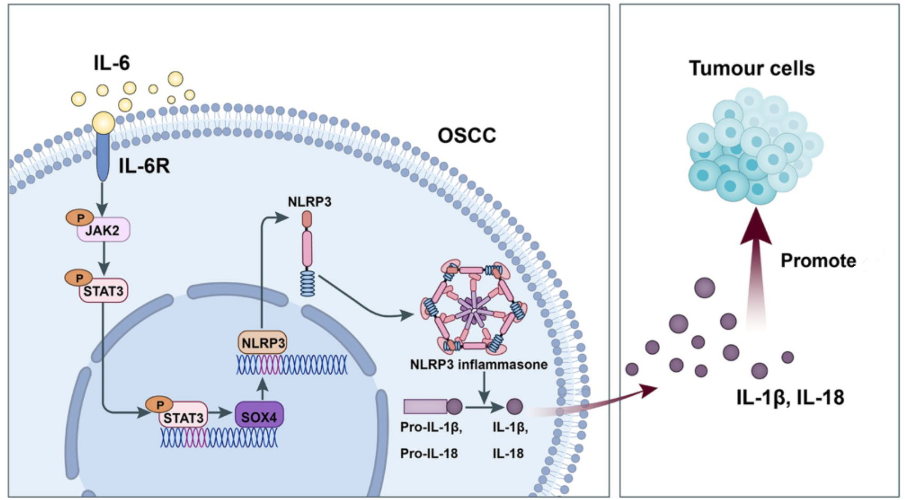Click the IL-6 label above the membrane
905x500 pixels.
tap(112, 63)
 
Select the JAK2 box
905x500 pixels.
tap(104, 230)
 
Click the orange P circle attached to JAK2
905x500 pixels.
tap(80, 218)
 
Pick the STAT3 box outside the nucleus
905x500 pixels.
tap(104, 290)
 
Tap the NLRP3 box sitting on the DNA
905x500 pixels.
tap(263, 343)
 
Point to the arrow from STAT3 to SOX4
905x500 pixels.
tap(221, 413)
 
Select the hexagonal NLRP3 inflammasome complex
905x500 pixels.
tap(473, 308)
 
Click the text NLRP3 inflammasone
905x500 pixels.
tap(479, 364)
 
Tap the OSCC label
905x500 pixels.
tap(467, 135)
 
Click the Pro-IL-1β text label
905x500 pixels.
tap(431, 427)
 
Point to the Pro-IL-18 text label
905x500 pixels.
tap(428, 453)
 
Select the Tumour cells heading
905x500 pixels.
tap(752, 68)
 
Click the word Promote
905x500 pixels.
tap(818, 260)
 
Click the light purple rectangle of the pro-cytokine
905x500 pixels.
tap(425, 407)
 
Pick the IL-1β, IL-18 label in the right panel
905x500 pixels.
tap(790, 398)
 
